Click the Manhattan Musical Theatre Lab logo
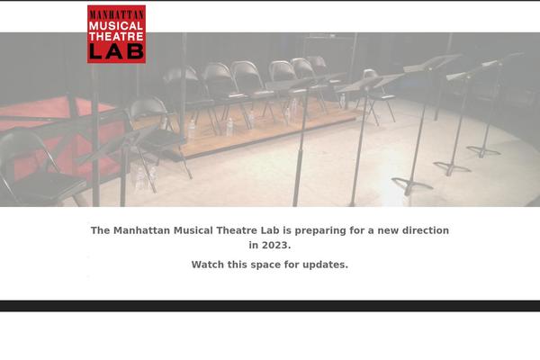coord(116,34)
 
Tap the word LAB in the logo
coord(116,51)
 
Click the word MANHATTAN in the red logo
coord(116,13)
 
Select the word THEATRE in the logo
coord(116,37)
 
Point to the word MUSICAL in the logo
coord(116,25)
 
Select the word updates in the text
coord(325,265)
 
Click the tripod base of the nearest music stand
coord(412,185)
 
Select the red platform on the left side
coord(54,126)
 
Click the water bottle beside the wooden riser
coord(229,127)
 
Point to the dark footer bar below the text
coord(270,306)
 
